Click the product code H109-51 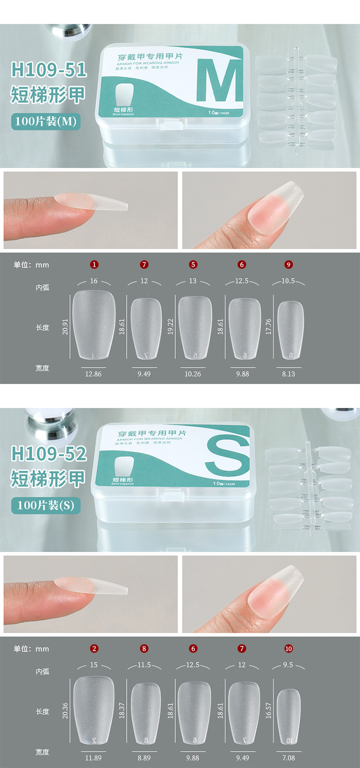pyautogui.click(x=48, y=70)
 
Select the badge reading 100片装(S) pyautogui.click(x=46, y=505)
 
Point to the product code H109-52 pyautogui.click(x=48, y=454)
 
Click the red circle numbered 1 pyautogui.click(x=94, y=264)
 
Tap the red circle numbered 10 pyautogui.click(x=288, y=648)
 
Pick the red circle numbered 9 pyautogui.click(x=288, y=264)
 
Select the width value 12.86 pyautogui.click(x=93, y=374)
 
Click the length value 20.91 pyautogui.click(x=65, y=326)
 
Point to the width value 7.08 pyautogui.click(x=288, y=758)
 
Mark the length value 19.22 pyautogui.click(x=170, y=326)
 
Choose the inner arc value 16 pyautogui.click(x=94, y=281)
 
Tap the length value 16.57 pyautogui.click(x=268, y=710)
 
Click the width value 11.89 pyautogui.click(x=93, y=758)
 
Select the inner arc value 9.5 pyautogui.click(x=288, y=665)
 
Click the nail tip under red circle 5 pyautogui.click(x=194, y=327)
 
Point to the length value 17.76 pyautogui.click(x=268, y=326)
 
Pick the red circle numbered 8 pyautogui.click(x=144, y=648)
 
